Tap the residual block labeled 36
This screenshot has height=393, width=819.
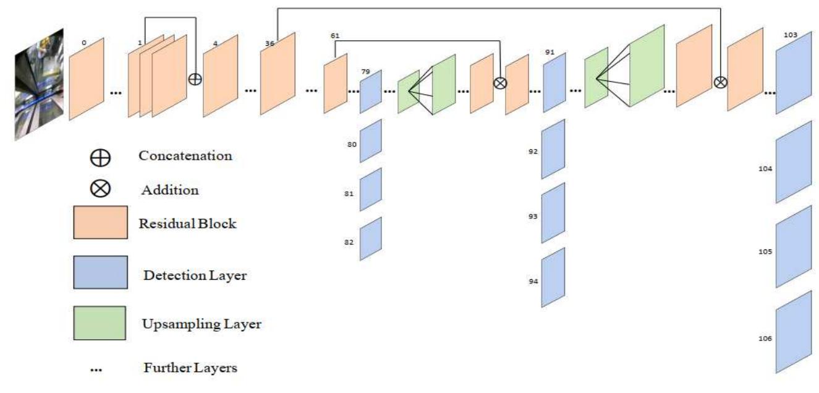pos(278,74)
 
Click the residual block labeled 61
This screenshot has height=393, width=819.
pos(335,84)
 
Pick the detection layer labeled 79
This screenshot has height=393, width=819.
pos(371,92)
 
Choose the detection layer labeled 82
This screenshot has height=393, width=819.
pos(371,238)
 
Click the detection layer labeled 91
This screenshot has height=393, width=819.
pos(554,82)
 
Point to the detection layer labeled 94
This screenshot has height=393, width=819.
pos(554,277)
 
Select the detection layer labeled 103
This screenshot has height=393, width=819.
pos(793,73)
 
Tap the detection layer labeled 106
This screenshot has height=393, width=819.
pos(793,337)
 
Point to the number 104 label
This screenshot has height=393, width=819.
pos(766,168)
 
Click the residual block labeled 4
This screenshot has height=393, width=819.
pos(221,76)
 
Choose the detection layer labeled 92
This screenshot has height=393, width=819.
pos(554,149)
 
